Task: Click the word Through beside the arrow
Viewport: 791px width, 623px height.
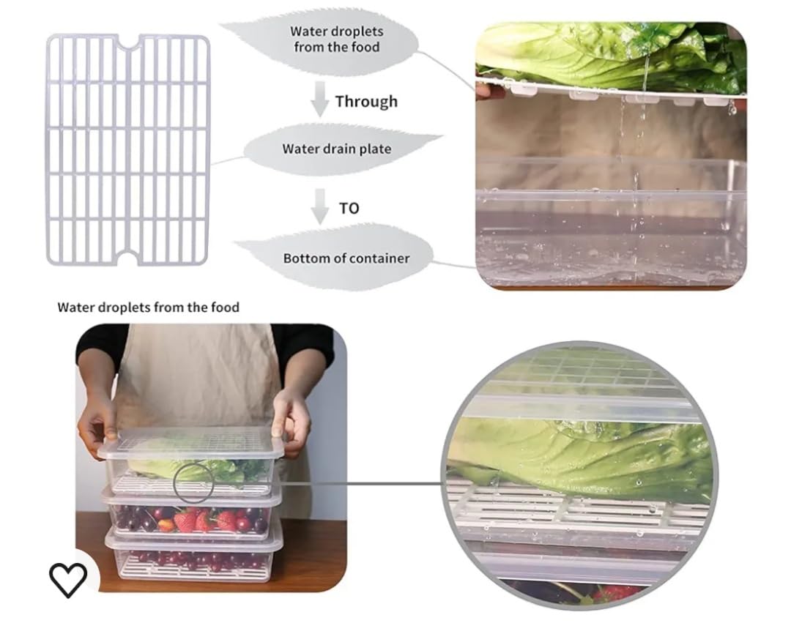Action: pos(367,101)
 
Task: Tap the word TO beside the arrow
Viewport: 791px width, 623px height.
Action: pos(349,208)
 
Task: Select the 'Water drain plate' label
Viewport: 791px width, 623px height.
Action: pos(336,149)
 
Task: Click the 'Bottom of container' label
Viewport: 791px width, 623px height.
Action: pos(346,258)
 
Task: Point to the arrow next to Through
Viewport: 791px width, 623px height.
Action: pos(320,100)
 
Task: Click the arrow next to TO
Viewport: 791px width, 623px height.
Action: pos(320,206)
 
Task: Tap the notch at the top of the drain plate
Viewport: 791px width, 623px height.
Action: pos(129,41)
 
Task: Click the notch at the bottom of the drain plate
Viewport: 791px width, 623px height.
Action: pos(127,256)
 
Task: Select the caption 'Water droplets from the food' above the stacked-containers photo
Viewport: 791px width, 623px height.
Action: pos(148,307)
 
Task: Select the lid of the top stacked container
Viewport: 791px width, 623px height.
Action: pos(193,443)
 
